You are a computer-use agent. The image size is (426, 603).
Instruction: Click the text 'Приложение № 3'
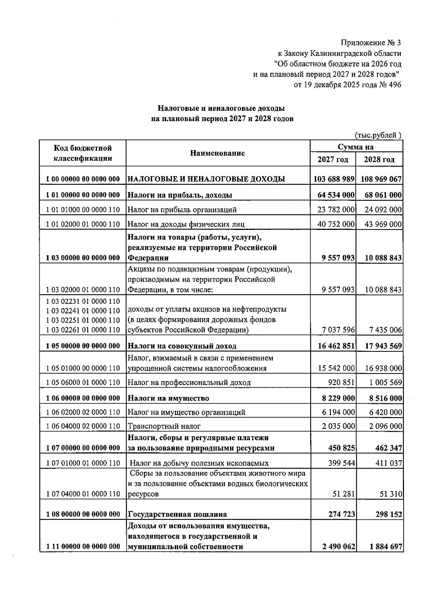(x=371, y=43)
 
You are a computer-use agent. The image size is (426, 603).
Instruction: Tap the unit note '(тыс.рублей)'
(x=378, y=135)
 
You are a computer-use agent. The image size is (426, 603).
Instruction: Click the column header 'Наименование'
(x=218, y=153)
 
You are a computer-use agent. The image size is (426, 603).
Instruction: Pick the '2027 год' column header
(x=333, y=160)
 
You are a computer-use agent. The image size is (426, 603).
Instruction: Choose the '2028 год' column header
(x=379, y=160)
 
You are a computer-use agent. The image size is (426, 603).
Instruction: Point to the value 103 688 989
(x=334, y=179)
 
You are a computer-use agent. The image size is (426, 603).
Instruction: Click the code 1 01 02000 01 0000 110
(x=83, y=224)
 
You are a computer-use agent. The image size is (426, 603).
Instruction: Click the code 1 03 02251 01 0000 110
(x=83, y=321)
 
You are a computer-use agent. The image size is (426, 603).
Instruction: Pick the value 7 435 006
(x=385, y=330)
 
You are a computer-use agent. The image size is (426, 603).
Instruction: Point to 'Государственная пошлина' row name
(x=177, y=514)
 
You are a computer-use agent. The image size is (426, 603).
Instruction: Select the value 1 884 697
(x=386, y=547)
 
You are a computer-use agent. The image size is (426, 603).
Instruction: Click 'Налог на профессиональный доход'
(x=189, y=382)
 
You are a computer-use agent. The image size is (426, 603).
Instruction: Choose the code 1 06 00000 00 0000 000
(x=83, y=398)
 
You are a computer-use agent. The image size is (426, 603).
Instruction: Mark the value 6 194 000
(x=338, y=412)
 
